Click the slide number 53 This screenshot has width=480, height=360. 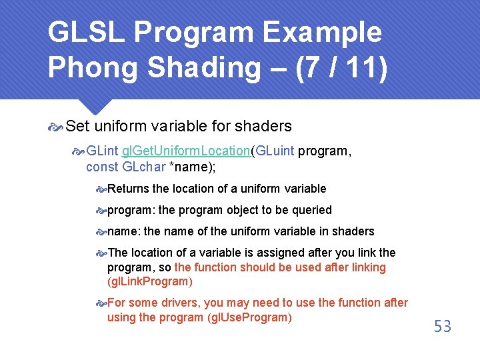[x=443, y=326]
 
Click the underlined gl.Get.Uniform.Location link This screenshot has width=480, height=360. [x=185, y=151]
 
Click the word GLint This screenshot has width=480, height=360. [x=103, y=151]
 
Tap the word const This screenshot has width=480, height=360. [x=102, y=167]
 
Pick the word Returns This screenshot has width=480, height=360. [x=128, y=189]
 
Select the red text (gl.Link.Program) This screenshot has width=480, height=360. [x=149, y=281]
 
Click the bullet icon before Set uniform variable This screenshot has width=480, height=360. [x=57, y=126]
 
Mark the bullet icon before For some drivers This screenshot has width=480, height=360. [x=101, y=303]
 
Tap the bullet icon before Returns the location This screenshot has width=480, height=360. [x=101, y=189]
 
